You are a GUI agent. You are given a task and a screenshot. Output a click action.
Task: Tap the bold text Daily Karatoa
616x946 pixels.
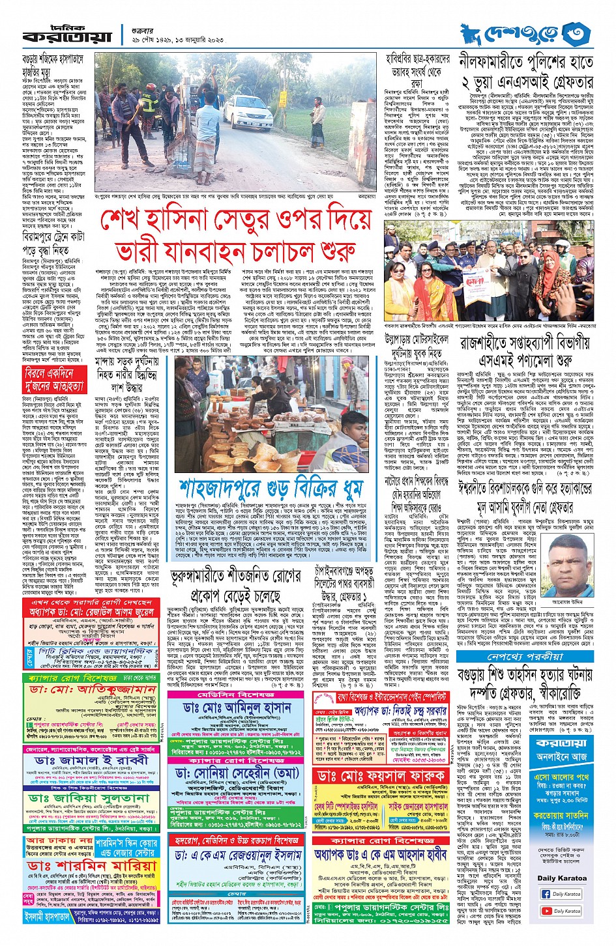tap(562, 878)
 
